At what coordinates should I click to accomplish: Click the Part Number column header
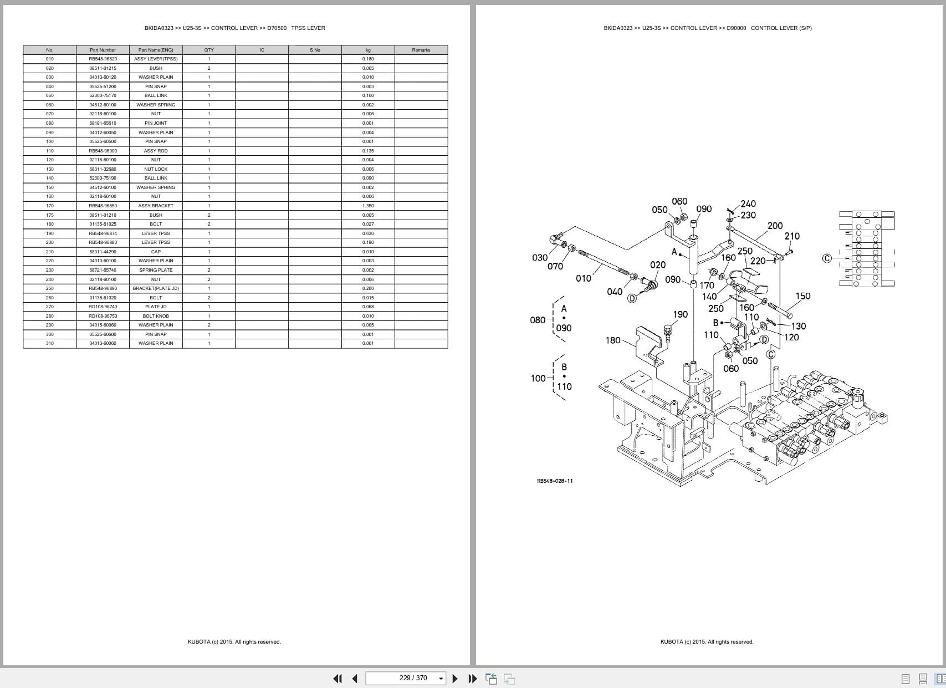click(103, 50)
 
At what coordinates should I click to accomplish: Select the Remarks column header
click(421, 50)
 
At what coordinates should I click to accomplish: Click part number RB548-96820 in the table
click(103, 59)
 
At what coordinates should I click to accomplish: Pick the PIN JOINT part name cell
click(156, 123)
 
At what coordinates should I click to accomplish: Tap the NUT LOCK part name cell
click(156, 169)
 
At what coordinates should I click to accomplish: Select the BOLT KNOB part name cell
click(156, 316)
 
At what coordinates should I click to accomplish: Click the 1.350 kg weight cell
click(368, 206)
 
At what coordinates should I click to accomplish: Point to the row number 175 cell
click(50, 215)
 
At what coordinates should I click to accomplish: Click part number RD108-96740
click(103, 307)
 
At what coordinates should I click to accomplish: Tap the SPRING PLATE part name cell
click(156, 270)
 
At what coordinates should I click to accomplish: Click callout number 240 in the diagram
click(748, 204)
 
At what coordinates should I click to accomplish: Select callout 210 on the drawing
click(792, 236)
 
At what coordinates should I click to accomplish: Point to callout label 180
click(613, 340)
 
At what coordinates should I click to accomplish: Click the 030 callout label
click(540, 258)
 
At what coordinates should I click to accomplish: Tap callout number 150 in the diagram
click(803, 296)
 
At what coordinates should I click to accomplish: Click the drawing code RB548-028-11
click(555, 481)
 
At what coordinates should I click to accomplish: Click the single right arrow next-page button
click(455, 679)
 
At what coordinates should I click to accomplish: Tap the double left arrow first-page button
click(337, 679)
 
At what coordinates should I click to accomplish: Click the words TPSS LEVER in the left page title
click(308, 28)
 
